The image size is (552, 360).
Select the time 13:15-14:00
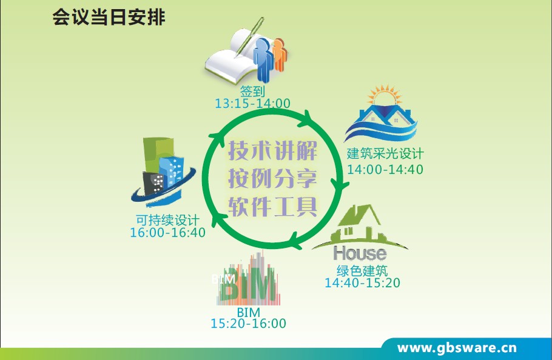click(252, 104)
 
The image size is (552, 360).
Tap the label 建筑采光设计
click(385, 153)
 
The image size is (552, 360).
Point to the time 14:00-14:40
click(385, 169)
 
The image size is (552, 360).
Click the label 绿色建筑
click(362, 270)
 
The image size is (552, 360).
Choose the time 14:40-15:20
click(362, 283)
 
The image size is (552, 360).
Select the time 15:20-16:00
click(248, 324)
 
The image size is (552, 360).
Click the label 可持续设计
click(167, 220)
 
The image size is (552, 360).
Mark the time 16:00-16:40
click(167, 232)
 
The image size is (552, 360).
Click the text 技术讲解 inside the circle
click(273, 148)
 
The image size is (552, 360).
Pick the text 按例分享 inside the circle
click(273, 178)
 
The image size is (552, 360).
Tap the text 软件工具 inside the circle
click(273, 207)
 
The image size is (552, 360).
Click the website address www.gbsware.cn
click(457, 348)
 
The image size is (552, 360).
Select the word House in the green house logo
click(360, 252)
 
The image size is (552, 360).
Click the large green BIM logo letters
click(249, 290)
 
